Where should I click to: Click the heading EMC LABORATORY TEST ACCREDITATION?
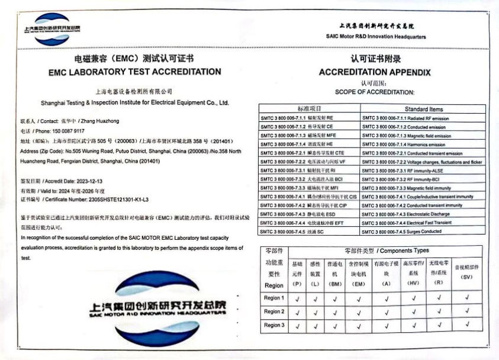coord(134,72)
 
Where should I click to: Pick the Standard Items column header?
coord(423,109)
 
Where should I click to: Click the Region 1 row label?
coord(274,298)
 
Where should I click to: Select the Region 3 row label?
coord(274,325)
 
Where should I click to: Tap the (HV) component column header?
coord(413,283)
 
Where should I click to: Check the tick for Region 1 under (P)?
coord(297,298)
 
